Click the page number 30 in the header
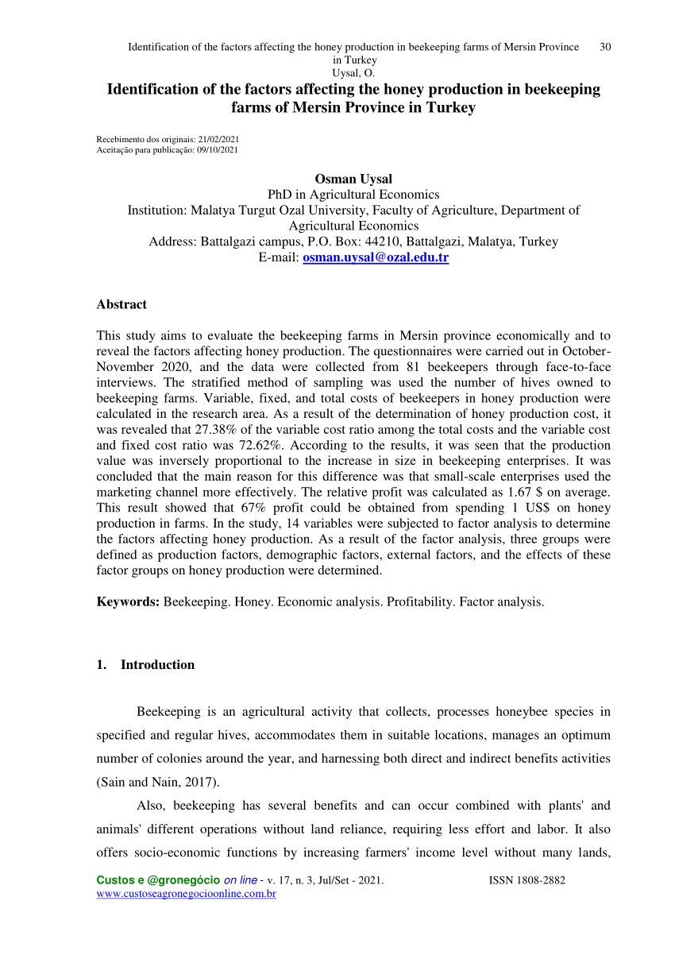click(x=605, y=47)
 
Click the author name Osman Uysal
click(x=353, y=178)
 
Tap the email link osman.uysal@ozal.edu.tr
click(x=376, y=258)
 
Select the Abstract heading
click(x=121, y=304)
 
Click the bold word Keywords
click(x=128, y=601)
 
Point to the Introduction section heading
click(x=157, y=665)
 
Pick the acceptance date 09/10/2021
click(x=218, y=149)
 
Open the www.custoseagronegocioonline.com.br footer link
click(x=186, y=895)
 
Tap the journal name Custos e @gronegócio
click(x=157, y=881)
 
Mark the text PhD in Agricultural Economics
click(x=353, y=194)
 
